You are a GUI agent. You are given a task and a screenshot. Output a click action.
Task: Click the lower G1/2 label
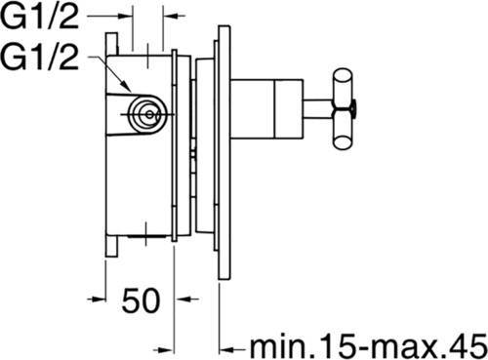pyautogui.click(x=40, y=57)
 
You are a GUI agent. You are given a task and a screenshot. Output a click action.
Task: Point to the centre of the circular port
pyautogui.click(x=148, y=114)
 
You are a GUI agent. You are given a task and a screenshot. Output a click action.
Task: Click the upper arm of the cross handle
pyautogui.click(x=343, y=88)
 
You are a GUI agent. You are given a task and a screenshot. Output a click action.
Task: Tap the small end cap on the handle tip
pyautogui.click(x=353, y=109)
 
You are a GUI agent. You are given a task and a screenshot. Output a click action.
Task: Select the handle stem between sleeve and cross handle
pyautogui.click(x=317, y=109)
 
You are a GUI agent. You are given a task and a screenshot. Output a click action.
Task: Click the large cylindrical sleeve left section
pyautogui.click(x=253, y=109)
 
